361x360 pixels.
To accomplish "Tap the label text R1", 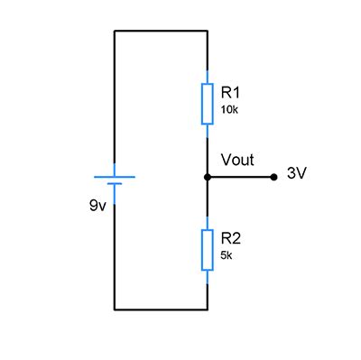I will coord(230,93).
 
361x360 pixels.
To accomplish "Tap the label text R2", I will coord(230,238).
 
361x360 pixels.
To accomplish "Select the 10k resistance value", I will coord(229,109).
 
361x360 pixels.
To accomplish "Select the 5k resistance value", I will coord(227,254).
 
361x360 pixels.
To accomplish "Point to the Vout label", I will coord(237,161).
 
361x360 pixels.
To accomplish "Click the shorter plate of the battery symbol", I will coord(115,185).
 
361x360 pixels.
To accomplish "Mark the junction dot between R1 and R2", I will coord(208,178).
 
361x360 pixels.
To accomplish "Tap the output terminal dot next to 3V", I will coord(273,178).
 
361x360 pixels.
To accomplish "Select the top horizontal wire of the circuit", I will coord(161,31).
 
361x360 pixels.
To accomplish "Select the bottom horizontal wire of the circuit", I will coord(161,309).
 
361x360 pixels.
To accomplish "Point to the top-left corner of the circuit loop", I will coord(115,31).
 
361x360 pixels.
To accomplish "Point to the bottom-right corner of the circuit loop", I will coord(208,309).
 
